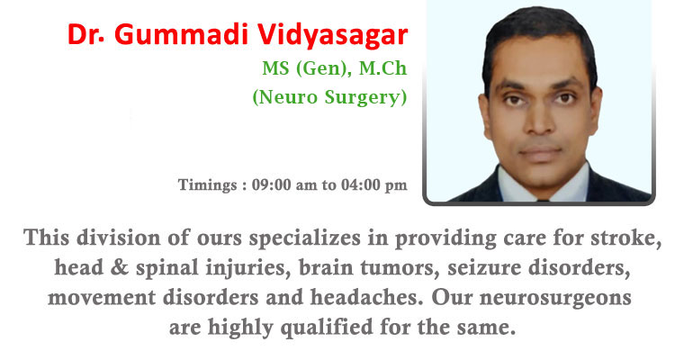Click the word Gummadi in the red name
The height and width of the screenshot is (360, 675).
(x=182, y=34)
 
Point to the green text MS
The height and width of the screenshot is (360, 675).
(x=275, y=68)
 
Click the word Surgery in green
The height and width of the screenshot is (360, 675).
(x=365, y=98)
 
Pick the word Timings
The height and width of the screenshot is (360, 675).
(x=207, y=185)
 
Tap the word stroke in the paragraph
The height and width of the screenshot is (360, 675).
(x=625, y=238)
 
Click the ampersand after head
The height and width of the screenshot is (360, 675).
(x=120, y=267)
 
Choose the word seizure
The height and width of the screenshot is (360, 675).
(x=484, y=268)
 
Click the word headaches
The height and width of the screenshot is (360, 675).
(x=367, y=298)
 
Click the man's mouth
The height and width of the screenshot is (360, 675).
(x=540, y=151)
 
